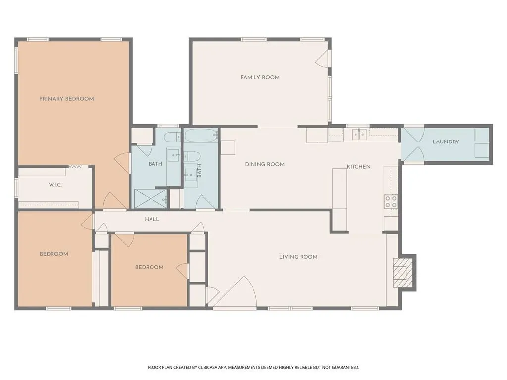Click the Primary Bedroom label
point(66,99)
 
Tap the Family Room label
point(260,77)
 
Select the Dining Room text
point(264,164)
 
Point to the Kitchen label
point(358,167)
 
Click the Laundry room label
point(446,142)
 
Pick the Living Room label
point(299,257)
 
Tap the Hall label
point(152,219)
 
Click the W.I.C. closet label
point(55,185)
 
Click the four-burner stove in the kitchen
point(391,202)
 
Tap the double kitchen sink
point(359,134)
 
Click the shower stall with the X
point(151,199)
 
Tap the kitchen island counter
point(340,199)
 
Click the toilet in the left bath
point(172,137)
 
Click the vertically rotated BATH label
point(199,170)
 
